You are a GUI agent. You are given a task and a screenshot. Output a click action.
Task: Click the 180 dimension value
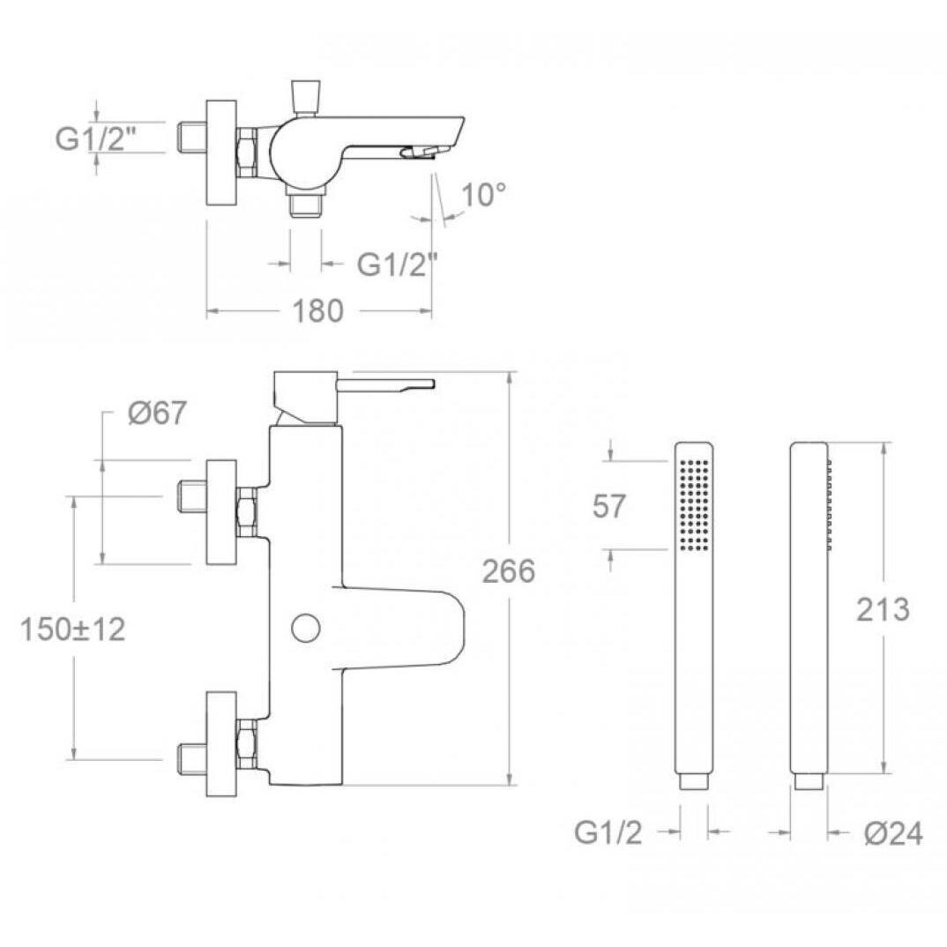[317, 311]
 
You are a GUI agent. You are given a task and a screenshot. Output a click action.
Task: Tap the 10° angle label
[484, 195]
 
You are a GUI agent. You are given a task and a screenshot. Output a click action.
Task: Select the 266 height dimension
[509, 571]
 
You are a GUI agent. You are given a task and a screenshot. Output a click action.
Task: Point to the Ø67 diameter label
[158, 414]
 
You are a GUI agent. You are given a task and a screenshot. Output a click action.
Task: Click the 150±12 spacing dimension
[73, 630]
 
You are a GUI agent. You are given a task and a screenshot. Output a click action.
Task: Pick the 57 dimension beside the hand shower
[608, 505]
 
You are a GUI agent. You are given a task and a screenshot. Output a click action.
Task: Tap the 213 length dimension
[883, 610]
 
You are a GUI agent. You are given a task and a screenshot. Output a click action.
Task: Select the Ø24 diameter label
[893, 834]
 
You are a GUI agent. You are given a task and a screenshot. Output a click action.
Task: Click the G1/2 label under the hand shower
[608, 833]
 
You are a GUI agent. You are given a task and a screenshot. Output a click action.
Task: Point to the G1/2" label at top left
[95, 139]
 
